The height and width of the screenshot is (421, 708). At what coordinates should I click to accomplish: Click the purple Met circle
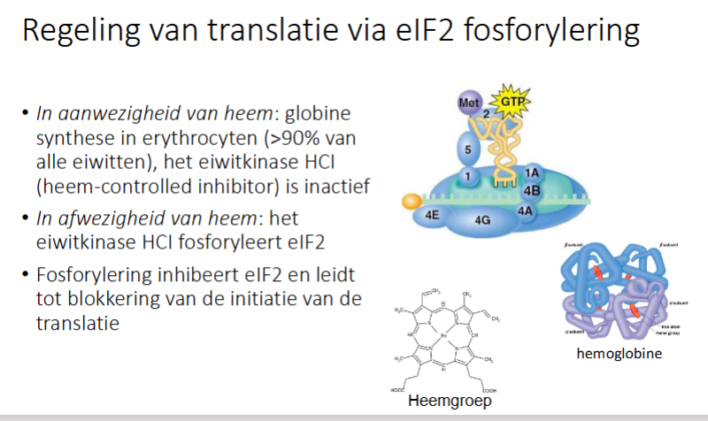pyautogui.click(x=468, y=104)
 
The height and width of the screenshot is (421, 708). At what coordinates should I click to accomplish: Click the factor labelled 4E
pyautogui.click(x=432, y=213)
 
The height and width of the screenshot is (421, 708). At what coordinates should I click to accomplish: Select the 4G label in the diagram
pyautogui.click(x=483, y=219)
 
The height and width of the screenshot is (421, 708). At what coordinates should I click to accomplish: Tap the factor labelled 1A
pyautogui.click(x=532, y=173)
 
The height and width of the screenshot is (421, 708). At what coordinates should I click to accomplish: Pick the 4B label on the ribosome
pyautogui.click(x=532, y=189)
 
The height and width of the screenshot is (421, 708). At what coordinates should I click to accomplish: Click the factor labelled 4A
pyautogui.click(x=525, y=210)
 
